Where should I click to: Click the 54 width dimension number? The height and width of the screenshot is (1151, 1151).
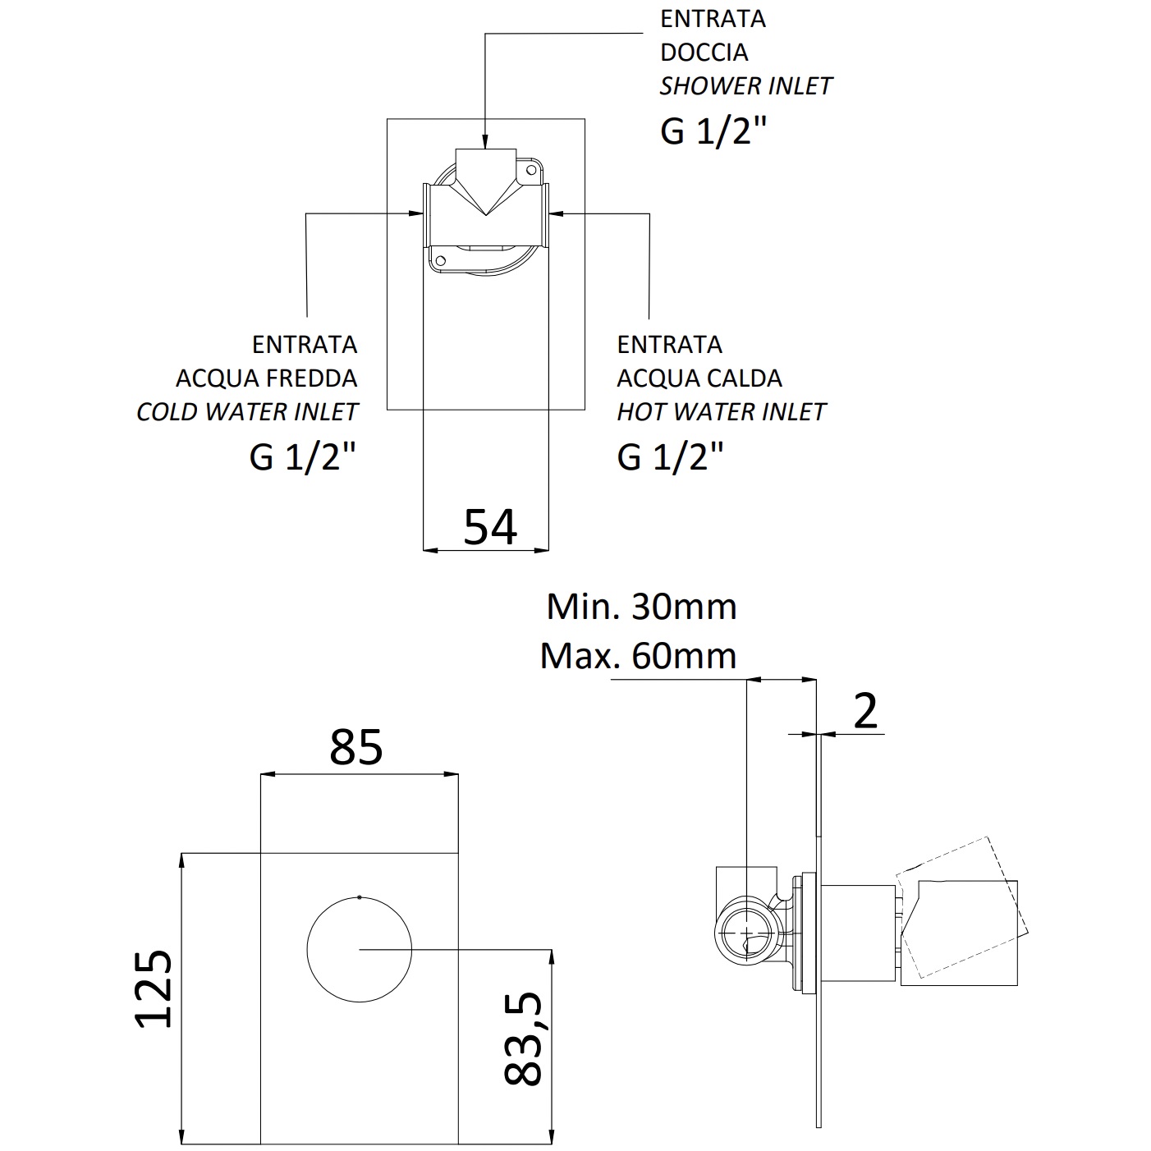pos(490,527)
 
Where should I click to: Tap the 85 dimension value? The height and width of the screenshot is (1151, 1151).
pos(356,747)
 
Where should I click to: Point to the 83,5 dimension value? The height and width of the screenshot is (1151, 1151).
pos(523,1039)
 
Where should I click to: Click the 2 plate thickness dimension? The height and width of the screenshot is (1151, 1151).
pos(865,711)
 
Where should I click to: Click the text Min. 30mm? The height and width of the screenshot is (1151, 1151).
pos(641,607)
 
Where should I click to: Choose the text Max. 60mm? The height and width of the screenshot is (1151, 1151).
pos(638,655)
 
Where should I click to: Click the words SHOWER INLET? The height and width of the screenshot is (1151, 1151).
pos(745,86)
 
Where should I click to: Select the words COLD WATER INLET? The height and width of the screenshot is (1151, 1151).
pos(247,412)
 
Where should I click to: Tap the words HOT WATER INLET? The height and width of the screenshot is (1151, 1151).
pos(721,412)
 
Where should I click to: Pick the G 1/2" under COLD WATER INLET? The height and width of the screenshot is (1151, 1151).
pos(303,456)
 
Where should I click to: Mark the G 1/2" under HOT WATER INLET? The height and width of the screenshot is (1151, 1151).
pos(671,456)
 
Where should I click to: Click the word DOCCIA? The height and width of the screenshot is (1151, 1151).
pos(704,53)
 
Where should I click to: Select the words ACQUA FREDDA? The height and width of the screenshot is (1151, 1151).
pos(266,378)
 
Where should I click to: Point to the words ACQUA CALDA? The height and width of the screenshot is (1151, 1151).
pos(699,378)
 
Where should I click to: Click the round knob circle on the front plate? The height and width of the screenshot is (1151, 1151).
pos(360,949)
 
